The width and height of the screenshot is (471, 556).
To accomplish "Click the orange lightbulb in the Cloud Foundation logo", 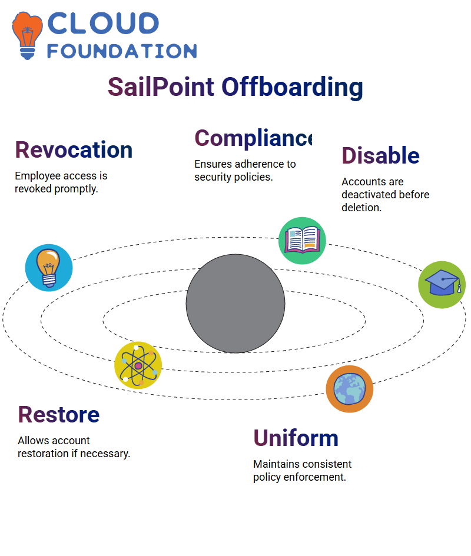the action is pos(27,35).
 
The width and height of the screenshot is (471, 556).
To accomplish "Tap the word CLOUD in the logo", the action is pos(103,24).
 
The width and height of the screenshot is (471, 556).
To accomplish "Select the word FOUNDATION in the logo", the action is pos(122,51).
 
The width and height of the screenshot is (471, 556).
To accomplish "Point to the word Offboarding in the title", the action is pos(293,88).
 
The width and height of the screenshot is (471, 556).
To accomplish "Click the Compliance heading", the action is pos(253,138).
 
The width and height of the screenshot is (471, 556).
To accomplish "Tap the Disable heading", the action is pos(380,155).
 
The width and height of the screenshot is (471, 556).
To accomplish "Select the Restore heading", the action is pos(59,415).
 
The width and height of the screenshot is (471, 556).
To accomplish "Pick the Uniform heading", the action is pos(296,438).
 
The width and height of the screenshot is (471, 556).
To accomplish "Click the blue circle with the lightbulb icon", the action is pos(49,268).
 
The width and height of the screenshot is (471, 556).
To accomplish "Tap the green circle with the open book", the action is pos(302,241).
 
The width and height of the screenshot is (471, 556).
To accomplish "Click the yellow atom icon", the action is pos(138,365).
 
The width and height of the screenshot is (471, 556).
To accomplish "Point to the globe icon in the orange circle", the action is pos(350,389).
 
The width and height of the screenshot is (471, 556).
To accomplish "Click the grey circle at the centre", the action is pos(235,304).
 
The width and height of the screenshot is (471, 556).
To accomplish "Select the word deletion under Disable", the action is pos(361,208).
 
